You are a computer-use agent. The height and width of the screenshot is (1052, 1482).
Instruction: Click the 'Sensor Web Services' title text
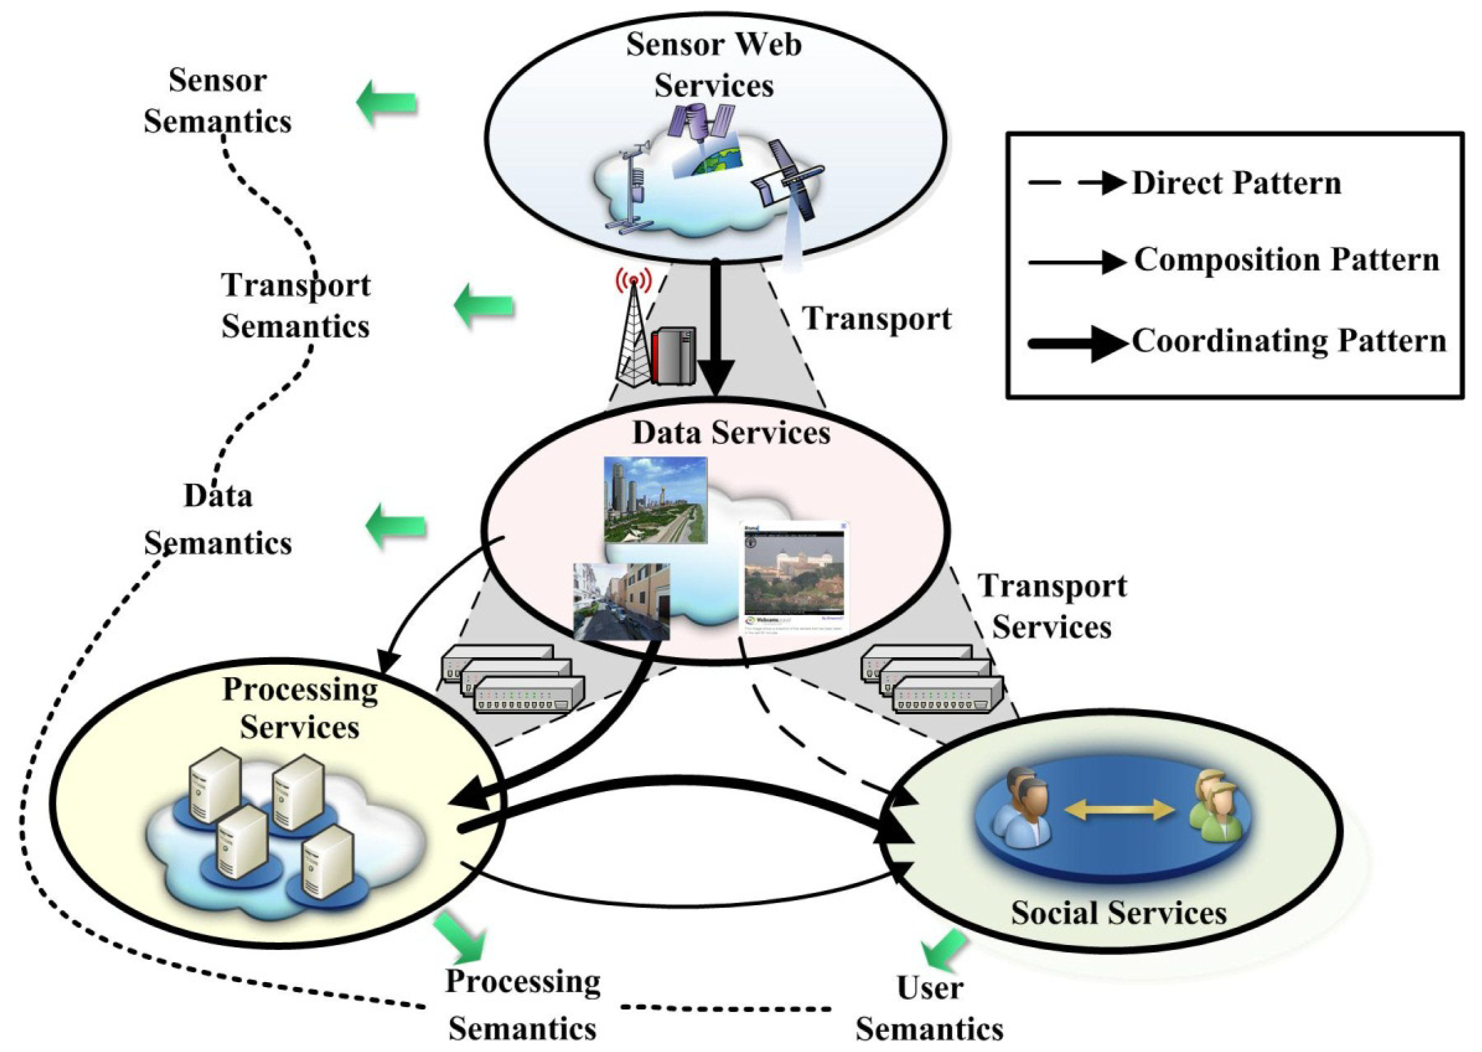coord(713,65)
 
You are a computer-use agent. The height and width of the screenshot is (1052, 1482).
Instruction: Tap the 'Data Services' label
coord(731,432)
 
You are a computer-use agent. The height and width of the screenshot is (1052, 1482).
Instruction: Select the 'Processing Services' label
coord(300,708)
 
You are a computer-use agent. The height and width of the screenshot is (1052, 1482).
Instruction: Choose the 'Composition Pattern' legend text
coord(1286,260)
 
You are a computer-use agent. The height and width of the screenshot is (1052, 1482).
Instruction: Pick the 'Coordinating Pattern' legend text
coord(1289,341)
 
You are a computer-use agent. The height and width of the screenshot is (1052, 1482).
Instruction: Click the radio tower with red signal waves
coord(633,330)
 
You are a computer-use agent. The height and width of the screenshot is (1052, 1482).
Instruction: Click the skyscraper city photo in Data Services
coord(655,500)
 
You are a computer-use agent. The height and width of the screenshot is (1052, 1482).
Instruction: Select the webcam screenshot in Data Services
coord(794,576)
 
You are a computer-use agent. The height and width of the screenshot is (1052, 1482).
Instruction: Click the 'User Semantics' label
coord(929,1008)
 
